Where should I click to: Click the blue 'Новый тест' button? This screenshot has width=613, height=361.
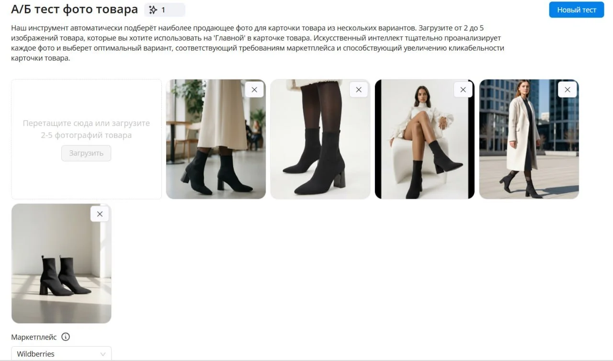tap(576, 10)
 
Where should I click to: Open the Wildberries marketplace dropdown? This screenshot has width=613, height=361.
tap(61, 354)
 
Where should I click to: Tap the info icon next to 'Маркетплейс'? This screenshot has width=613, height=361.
tap(66, 337)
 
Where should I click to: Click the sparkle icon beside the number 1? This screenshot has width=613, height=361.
tap(153, 10)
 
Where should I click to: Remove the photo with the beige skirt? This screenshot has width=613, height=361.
tap(254, 90)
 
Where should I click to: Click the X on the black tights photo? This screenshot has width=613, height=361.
tap(359, 90)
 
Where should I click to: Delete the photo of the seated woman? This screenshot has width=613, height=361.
tap(463, 90)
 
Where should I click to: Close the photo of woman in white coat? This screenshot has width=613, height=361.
tap(568, 90)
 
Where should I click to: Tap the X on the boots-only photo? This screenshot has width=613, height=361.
tap(100, 214)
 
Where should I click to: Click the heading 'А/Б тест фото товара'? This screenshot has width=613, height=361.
tap(74, 9)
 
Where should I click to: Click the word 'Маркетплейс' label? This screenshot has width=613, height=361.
tap(34, 337)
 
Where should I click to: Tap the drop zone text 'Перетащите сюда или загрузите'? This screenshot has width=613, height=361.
tap(86, 124)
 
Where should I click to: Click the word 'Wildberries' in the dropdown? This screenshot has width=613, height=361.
tap(35, 354)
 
